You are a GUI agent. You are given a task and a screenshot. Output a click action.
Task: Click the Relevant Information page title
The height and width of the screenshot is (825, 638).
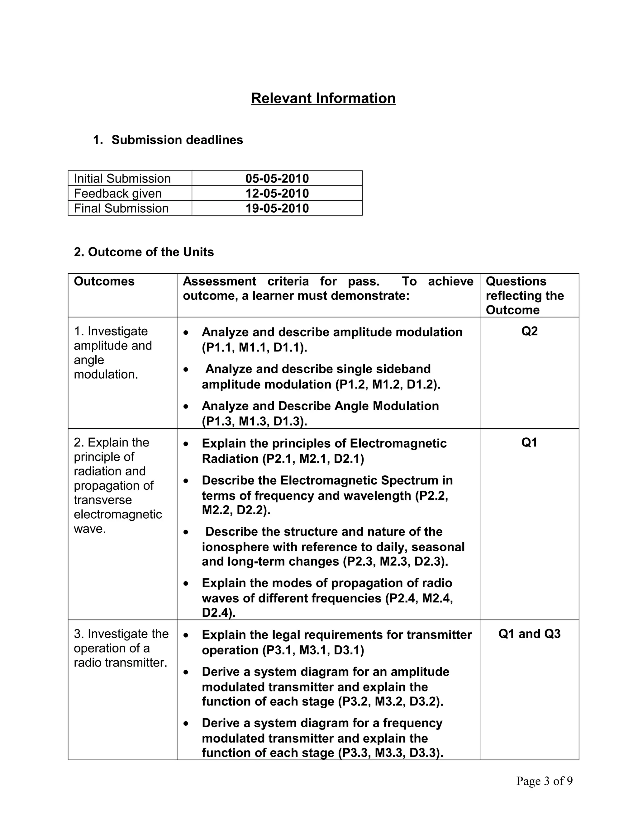point(323,98)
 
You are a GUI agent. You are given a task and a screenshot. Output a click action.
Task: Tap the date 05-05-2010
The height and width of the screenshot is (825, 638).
point(277,178)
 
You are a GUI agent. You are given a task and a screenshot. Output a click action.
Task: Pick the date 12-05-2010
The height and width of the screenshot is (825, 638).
point(277,193)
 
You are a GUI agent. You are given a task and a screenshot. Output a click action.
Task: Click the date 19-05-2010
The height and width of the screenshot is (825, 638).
point(277,208)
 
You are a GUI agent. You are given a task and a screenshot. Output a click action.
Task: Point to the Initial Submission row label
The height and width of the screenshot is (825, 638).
point(122,178)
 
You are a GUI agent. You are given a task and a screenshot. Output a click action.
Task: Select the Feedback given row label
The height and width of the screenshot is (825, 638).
point(117,193)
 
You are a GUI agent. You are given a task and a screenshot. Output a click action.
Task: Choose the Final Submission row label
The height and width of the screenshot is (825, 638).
point(121,208)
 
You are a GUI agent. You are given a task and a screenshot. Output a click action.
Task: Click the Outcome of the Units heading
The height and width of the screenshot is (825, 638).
point(144,252)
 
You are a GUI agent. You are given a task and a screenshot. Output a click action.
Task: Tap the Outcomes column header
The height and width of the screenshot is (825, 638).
point(104,281)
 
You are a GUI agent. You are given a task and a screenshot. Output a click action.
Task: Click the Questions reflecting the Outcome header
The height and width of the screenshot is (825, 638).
point(525,296)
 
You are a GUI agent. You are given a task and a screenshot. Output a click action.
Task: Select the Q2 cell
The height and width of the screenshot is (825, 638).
point(529,331)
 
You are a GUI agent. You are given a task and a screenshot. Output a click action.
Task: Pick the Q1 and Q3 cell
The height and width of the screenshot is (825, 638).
point(529,634)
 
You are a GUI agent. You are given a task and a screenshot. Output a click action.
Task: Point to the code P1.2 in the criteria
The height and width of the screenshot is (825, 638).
point(353,384)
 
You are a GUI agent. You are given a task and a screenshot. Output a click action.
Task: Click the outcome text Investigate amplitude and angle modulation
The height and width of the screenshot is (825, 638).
point(113,353)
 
